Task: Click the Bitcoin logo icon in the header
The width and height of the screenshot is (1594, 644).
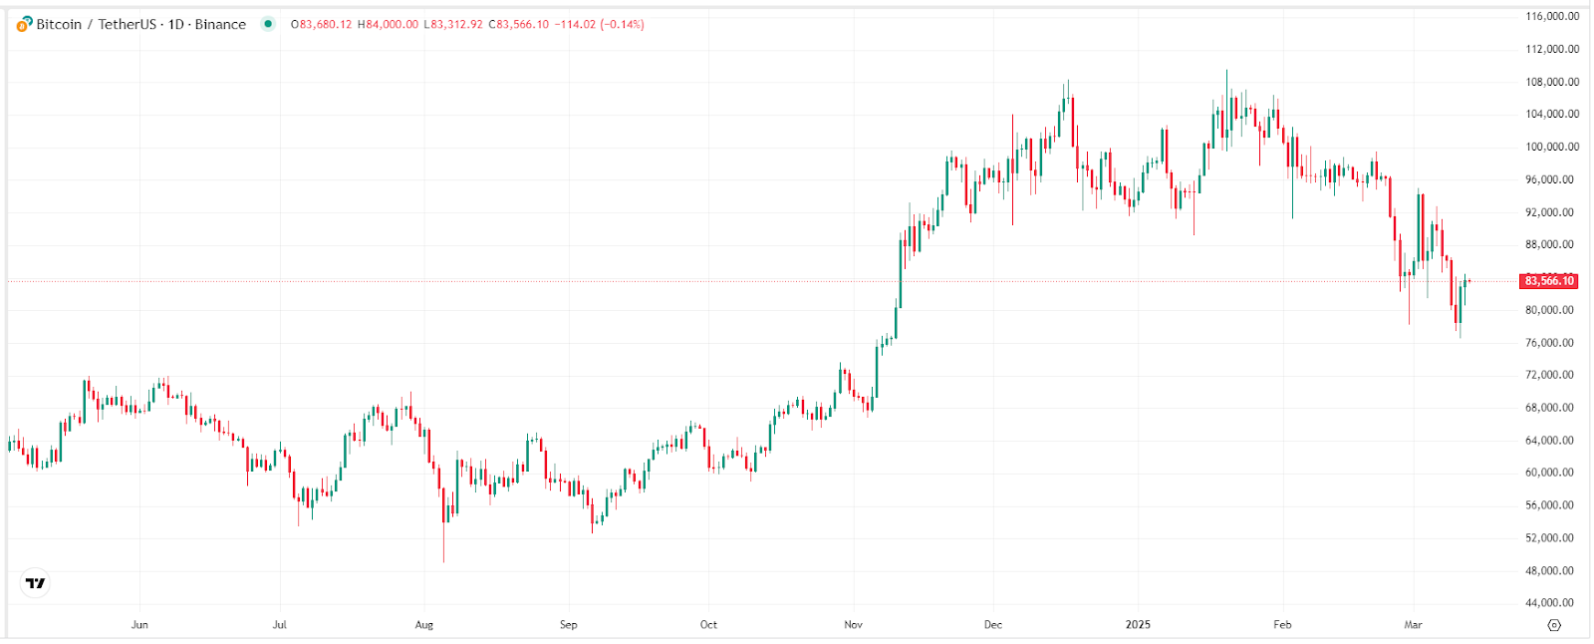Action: (24, 24)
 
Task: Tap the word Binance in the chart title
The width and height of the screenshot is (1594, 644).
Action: (220, 24)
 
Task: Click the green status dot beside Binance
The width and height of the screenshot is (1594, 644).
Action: (267, 24)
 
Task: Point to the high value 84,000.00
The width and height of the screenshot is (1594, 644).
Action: (392, 24)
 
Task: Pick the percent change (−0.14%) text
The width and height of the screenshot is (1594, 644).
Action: (622, 24)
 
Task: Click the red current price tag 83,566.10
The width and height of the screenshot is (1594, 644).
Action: (1549, 281)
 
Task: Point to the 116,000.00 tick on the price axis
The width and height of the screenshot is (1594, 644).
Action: (1552, 16)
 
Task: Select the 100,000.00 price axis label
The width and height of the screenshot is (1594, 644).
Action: (1552, 147)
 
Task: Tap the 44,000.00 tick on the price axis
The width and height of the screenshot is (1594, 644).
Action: (1552, 603)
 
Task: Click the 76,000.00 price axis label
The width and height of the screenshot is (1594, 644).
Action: (1552, 343)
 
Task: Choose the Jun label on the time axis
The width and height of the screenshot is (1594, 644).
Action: (139, 625)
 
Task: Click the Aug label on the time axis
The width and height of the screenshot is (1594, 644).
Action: (424, 625)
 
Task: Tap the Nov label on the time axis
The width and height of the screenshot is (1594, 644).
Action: (853, 625)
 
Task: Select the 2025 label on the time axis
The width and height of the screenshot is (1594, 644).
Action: (1138, 625)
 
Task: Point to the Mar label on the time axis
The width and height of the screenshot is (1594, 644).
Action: (1413, 625)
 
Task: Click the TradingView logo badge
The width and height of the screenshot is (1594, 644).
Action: (36, 583)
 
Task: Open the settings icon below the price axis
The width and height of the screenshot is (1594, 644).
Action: (1553, 625)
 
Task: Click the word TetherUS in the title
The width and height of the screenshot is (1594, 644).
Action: (127, 24)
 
